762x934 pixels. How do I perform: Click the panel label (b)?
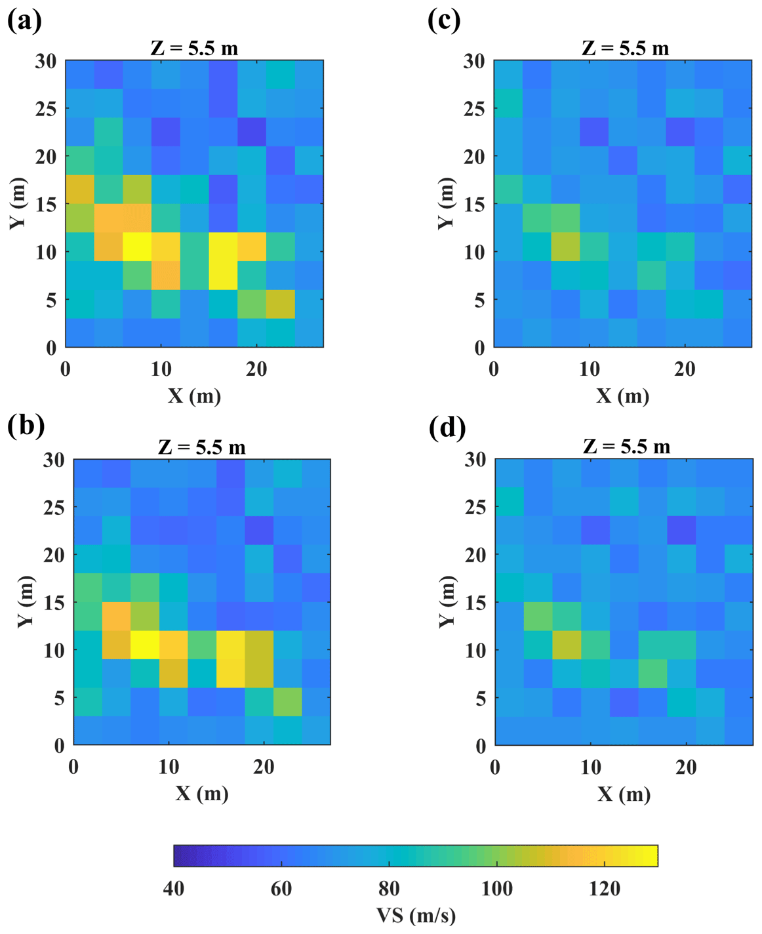point(26,426)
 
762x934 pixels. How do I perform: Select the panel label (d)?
point(447,428)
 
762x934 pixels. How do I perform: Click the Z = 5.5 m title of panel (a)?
point(194,48)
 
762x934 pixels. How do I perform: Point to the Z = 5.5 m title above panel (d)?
point(626,447)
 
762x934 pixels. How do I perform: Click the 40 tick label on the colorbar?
point(174,888)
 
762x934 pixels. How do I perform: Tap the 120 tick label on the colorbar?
point(605,888)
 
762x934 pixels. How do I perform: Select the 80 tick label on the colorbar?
point(389,888)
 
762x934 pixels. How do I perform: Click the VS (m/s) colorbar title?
point(416,915)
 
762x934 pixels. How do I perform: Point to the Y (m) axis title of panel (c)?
point(446,203)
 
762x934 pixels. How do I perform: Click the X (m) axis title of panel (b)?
point(202,794)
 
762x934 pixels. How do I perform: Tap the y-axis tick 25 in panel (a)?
point(46,108)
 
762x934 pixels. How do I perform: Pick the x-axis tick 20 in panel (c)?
point(685,369)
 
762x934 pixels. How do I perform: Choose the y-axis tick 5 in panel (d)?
point(481,698)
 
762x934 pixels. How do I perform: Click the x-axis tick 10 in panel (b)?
point(169,767)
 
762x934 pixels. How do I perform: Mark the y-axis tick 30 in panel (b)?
point(54,460)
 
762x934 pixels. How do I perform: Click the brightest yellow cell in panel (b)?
point(145,645)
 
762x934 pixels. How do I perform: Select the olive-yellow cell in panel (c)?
point(565,247)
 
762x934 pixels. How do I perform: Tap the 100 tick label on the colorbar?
point(497,888)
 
